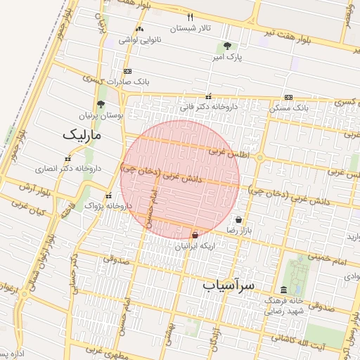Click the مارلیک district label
click(82, 134)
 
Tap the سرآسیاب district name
click(229, 285)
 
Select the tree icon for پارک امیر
click(226, 46)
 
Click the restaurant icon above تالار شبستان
click(190, 17)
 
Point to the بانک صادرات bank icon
click(127, 71)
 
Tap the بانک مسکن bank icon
click(288, 97)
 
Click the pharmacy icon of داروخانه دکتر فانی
click(208, 96)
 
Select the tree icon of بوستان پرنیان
click(101, 103)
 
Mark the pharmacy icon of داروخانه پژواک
click(108, 195)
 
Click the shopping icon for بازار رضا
click(239, 219)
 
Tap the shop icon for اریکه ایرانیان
click(195, 235)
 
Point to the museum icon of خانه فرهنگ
click(283, 290)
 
